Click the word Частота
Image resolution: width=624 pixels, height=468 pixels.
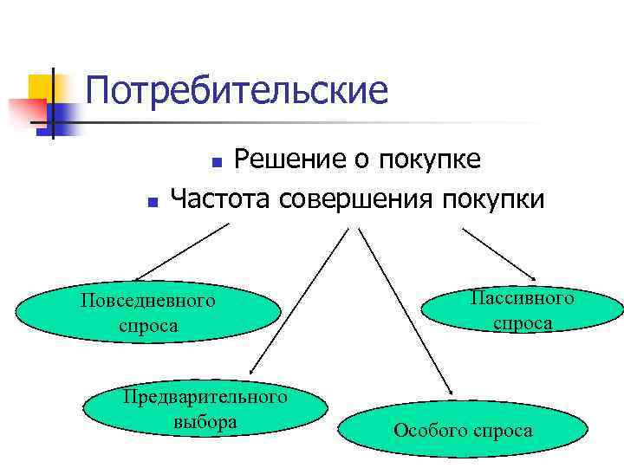coord(223,199)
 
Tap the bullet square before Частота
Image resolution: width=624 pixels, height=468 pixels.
coord(152,202)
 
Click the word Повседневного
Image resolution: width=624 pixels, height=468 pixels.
coord(147,302)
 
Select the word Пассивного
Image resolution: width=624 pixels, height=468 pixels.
coord(523,298)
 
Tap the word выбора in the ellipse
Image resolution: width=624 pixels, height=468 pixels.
coord(205,423)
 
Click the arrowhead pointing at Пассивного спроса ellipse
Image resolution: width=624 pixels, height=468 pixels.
coord(530,266)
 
